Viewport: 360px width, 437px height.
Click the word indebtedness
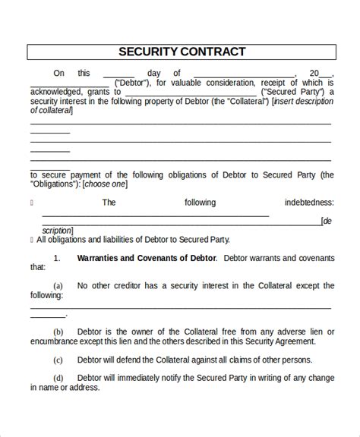308,203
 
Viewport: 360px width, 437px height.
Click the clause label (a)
58,286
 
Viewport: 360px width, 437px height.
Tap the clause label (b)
58,332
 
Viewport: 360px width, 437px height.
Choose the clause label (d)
58,378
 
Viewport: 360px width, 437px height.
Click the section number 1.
56,258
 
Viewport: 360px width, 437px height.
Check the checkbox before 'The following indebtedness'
31,203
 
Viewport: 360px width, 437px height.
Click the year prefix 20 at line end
313,74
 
